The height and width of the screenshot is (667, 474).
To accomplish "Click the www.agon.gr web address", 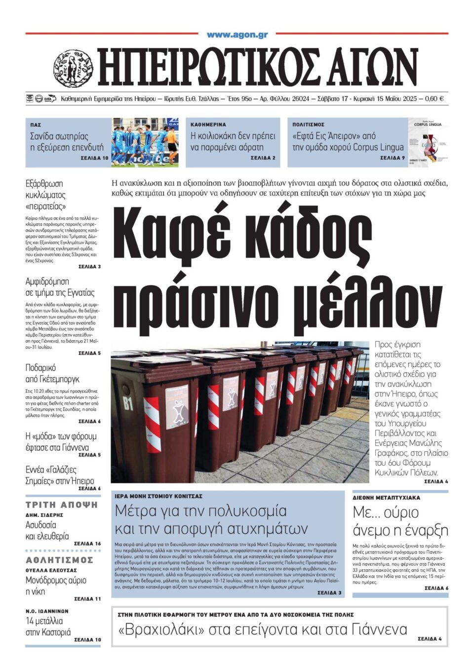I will [237, 35].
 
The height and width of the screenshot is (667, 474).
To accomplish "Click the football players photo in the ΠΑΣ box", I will [145, 142].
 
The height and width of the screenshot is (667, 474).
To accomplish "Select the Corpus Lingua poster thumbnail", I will [428, 142].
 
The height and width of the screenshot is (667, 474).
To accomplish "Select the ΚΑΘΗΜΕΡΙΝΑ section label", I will [208, 125].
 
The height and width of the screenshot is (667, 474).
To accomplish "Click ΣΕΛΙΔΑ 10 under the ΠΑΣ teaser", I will [94, 158].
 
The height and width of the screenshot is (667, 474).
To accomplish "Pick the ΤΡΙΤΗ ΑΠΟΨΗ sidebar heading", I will [62, 505].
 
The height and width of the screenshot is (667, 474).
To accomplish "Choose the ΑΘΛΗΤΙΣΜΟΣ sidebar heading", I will [59, 560].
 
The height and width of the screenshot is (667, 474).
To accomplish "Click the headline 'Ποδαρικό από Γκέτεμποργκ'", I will [52, 373].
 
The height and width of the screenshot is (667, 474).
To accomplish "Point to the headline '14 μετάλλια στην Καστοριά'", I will [48, 627].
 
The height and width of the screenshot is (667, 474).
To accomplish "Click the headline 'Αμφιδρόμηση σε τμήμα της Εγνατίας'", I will [60, 287].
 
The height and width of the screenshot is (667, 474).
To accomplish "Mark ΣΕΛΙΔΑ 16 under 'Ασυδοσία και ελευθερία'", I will [87, 544].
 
